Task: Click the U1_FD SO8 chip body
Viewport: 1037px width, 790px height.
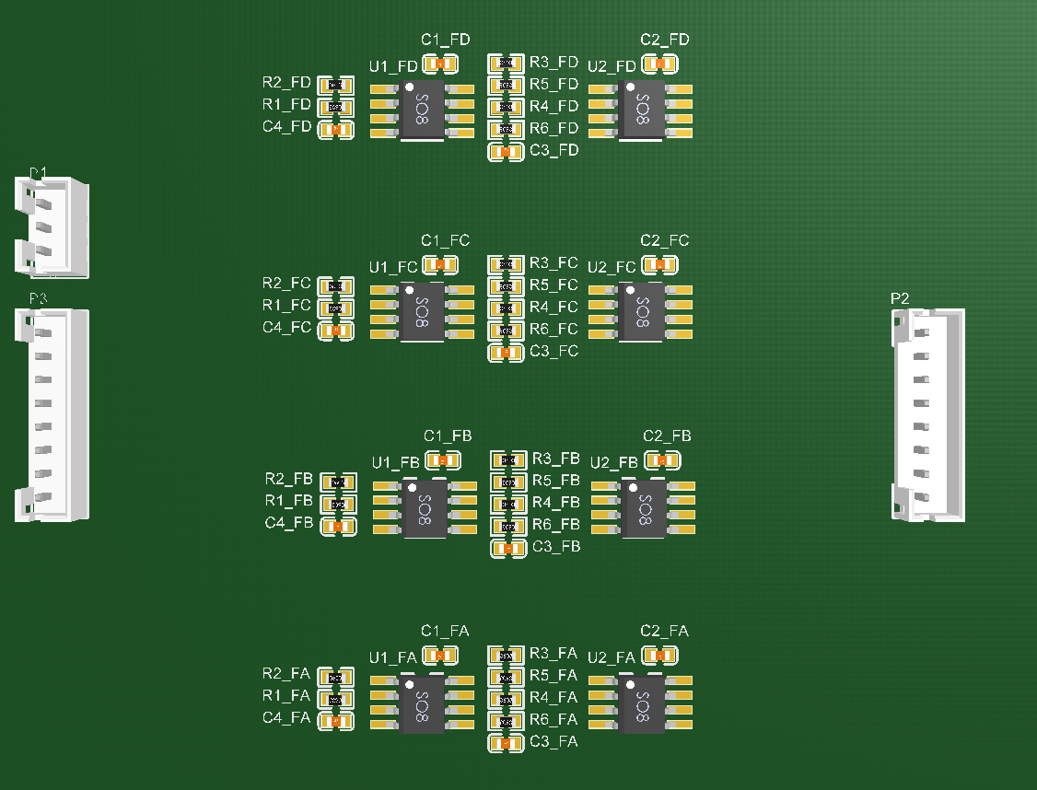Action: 422,110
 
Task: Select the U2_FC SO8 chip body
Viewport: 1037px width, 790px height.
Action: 642,312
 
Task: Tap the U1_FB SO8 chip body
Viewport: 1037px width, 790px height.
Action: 425,507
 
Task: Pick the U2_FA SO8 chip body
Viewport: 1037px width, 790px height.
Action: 642,704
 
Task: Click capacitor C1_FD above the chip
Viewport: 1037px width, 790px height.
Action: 440,64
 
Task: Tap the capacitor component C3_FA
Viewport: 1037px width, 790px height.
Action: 505,743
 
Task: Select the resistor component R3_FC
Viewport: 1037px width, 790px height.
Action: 505,264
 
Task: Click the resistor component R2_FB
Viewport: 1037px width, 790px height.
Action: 337,482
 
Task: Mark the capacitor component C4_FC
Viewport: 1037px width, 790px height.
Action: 336,330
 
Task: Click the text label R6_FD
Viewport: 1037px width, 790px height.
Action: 554,128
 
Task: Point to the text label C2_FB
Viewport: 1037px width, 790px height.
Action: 667,436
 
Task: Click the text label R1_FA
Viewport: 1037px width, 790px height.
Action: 286,696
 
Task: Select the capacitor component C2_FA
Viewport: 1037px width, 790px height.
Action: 659,655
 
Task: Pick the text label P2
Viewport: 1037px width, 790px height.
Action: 900,298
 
